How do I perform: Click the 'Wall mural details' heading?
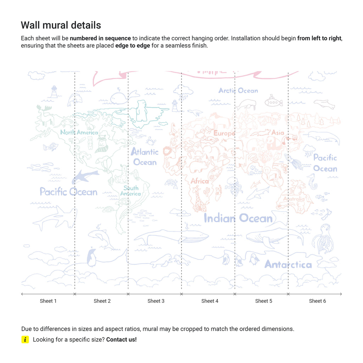tap(61, 25)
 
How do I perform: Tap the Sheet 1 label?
tap(48, 301)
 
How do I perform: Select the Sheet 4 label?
tap(210, 301)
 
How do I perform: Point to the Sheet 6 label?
tap(317, 301)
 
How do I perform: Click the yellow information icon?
tap(25, 340)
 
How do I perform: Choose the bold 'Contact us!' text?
tap(121, 340)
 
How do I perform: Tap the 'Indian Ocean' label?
tap(238, 218)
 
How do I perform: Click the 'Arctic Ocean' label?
tap(238, 91)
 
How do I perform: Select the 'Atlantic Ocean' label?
tap(144, 157)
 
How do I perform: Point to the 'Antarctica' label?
tap(288, 264)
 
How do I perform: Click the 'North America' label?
tap(79, 133)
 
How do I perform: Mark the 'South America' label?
tap(131, 191)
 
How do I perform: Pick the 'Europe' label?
tap(224, 133)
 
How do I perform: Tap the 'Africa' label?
tap(200, 181)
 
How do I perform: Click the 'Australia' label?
tap(294, 199)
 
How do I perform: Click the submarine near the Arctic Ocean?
tap(274, 102)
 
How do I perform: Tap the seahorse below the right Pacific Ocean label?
tap(311, 181)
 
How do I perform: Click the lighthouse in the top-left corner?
tap(54, 91)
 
